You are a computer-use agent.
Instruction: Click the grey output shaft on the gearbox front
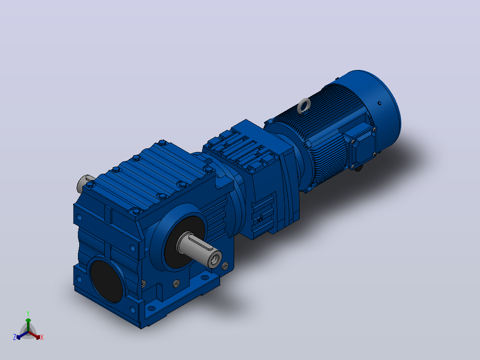(199, 249)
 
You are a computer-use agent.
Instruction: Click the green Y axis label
(28, 314)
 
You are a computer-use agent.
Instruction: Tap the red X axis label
(42, 337)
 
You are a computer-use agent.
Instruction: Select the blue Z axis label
(15, 337)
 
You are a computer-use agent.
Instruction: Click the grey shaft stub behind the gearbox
(83, 183)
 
